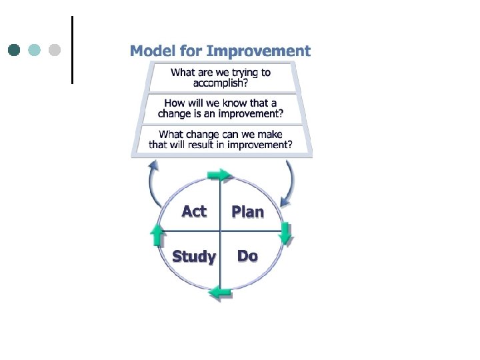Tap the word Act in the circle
[x=194, y=211]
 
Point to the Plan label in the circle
[x=247, y=212]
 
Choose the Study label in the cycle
[x=194, y=257]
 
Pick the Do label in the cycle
[x=247, y=256]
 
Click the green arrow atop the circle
[x=218, y=175]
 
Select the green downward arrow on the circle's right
[x=285, y=233]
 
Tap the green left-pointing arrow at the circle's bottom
[x=220, y=291]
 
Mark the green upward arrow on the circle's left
[x=157, y=235]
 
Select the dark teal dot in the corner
[x=15, y=50]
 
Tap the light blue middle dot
[x=35, y=50]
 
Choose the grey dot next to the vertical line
[x=55, y=50]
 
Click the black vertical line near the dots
[x=71, y=50]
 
